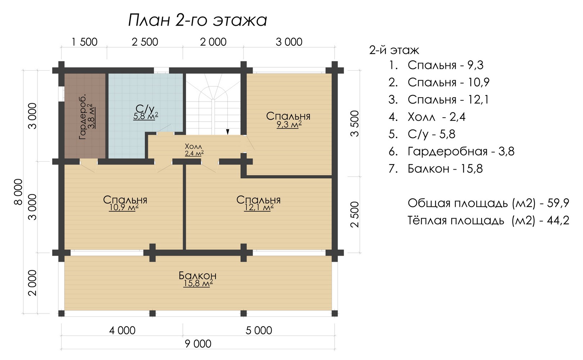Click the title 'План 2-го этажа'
click(x=198, y=20)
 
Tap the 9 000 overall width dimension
click(x=198, y=344)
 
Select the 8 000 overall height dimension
click(x=18, y=192)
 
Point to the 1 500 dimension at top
click(x=84, y=42)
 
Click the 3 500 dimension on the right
click(x=354, y=123)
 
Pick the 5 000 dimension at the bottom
click(x=259, y=330)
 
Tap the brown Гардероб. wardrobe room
click(x=85, y=116)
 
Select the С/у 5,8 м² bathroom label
click(x=146, y=112)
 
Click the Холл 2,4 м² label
click(x=194, y=149)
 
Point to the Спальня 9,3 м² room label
click(x=288, y=120)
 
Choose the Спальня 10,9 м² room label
click(x=125, y=203)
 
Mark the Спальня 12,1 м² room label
click(x=258, y=203)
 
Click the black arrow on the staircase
click(x=227, y=132)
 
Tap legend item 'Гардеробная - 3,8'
click(x=452, y=152)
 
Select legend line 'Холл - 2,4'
click(x=427, y=117)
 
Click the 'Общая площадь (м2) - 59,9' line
click(x=488, y=203)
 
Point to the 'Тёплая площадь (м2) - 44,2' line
click(x=488, y=220)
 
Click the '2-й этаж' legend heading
click(x=394, y=50)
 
